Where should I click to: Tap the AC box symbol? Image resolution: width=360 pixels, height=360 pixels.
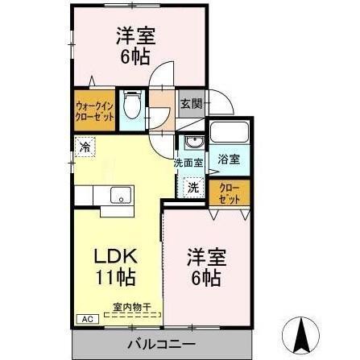click(x=84, y=319)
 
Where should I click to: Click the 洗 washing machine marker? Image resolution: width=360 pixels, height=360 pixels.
click(x=193, y=188)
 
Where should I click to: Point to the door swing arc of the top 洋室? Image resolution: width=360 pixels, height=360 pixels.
click(x=163, y=75)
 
